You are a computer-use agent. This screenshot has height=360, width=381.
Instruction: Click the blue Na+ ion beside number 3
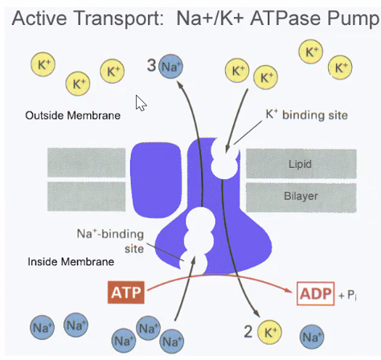[x=170, y=67]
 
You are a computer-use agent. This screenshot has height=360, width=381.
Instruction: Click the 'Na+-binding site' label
[x=110, y=239]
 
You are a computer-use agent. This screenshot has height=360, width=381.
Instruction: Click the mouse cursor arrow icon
[x=141, y=104]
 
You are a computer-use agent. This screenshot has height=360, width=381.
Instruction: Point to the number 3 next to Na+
[x=150, y=65]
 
